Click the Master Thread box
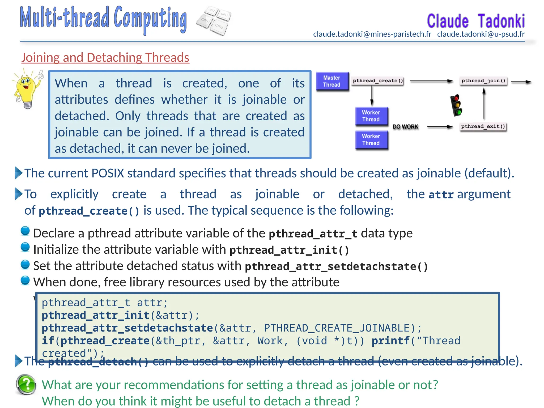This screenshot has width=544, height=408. click(332, 81)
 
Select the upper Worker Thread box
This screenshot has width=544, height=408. click(371, 116)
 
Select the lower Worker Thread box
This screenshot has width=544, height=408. click(371, 140)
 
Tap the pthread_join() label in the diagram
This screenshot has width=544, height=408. click(483, 81)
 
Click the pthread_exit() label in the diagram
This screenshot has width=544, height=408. click(483, 126)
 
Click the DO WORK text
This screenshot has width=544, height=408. click(405, 127)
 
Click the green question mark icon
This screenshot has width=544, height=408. click(26, 384)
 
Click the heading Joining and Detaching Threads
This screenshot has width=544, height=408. click(105, 58)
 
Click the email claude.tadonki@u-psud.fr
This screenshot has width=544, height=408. click(481, 34)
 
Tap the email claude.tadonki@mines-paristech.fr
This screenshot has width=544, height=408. click(372, 34)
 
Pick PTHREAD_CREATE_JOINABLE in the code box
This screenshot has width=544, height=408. click(337, 328)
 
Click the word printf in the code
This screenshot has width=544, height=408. click(390, 341)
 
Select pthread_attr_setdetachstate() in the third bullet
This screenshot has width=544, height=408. click(336, 266)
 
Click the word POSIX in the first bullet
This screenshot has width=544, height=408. click(108, 173)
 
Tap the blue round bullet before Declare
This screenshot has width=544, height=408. click(25, 231)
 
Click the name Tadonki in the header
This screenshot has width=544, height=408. click(501, 21)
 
